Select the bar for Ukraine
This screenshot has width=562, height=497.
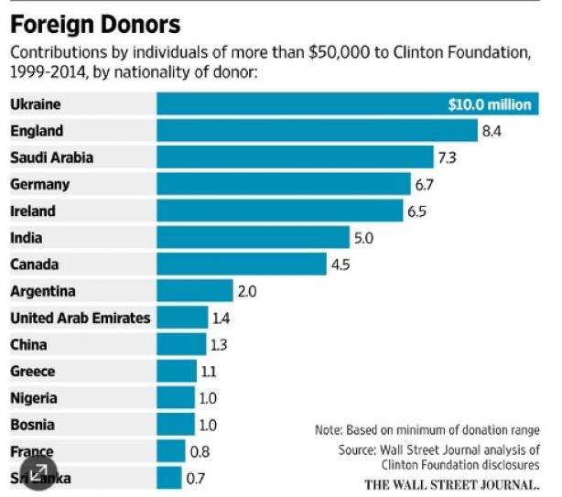pos(302,104)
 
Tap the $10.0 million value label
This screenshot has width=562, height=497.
pos(489,104)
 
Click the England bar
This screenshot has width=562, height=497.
pos(317,131)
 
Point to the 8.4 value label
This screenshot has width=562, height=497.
pos(492,132)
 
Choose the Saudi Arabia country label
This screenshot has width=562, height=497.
pos(51,157)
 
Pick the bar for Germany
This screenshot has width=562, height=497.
pos(284,184)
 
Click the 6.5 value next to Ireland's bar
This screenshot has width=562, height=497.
pos(417,211)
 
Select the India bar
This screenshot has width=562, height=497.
pos(253,238)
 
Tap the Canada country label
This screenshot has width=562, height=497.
pos(34,265)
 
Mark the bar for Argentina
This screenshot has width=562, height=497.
pos(195,291)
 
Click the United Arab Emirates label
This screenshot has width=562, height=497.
pos(81,318)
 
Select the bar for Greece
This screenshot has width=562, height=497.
pos(177,372)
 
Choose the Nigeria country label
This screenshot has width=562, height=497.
pos(34,398)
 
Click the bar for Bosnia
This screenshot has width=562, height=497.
pos(176,425)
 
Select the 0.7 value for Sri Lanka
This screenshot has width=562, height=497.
pos(195,478)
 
